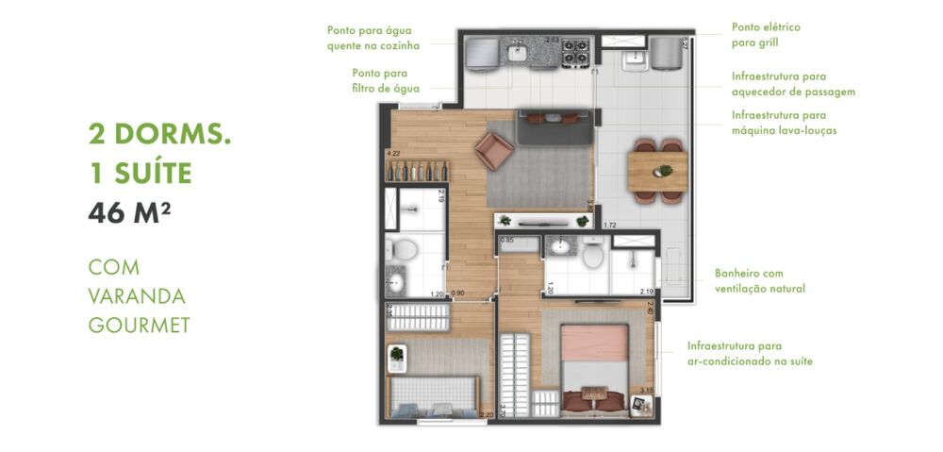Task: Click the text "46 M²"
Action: pos(129,213)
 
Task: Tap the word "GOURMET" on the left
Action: pos(140,326)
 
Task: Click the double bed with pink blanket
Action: pos(594,363)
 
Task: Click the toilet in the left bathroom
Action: pos(402,250)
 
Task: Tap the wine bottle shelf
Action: pos(416,173)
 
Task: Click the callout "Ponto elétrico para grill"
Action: pos(766,35)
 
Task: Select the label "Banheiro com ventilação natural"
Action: pos(760,281)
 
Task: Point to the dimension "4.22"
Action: pos(393,154)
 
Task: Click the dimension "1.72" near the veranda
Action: pos(609,225)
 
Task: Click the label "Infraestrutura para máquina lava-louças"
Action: pos(784,123)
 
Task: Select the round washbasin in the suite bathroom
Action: pos(560,247)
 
